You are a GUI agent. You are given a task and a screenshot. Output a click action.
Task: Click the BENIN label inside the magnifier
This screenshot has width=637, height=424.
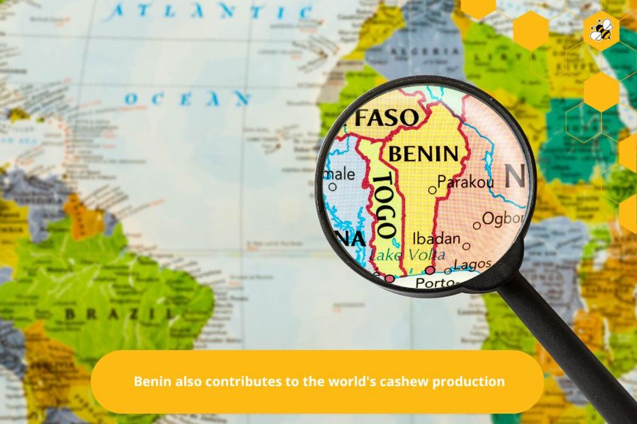(x=423, y=154)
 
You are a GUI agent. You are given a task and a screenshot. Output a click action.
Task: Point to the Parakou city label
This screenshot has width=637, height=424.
(x=466, y=183)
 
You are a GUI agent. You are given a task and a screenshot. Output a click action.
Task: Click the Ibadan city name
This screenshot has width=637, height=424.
(x=436, y=238)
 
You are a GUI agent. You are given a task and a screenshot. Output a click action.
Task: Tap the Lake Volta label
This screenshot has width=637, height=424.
(x=408, y=255)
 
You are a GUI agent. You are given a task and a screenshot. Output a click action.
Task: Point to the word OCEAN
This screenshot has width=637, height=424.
(x=187, y=98)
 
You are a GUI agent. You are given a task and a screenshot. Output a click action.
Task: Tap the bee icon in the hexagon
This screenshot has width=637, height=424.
(x=601, y=30)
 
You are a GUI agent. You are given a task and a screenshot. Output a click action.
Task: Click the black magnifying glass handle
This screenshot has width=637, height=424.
(x=568, y=350)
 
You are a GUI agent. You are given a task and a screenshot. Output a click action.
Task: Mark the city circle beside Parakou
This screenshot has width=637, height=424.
(x=432, y=190)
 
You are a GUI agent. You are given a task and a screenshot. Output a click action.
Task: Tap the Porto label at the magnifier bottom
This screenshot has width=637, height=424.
(x=434, y=282)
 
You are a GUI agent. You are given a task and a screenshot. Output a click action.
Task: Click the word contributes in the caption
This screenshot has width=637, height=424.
(x=237, y=381)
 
